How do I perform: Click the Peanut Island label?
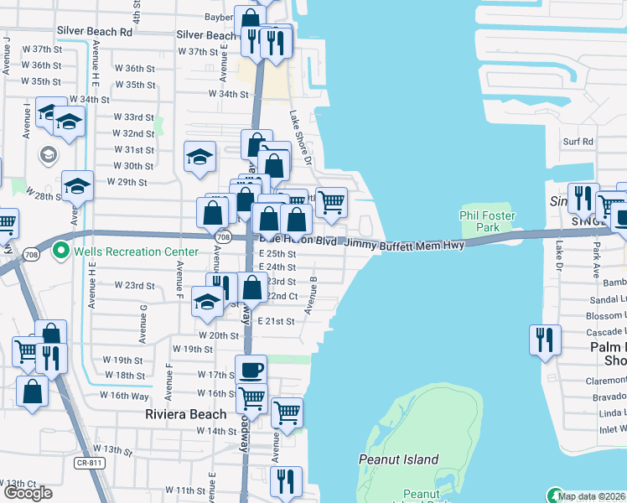[398, 459]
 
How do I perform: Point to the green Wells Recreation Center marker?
[60, 251]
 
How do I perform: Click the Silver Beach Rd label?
[95, 31]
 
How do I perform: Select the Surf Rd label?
[578, 142]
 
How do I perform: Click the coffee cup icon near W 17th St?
[251, 369]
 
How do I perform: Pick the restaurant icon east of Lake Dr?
[545, 340]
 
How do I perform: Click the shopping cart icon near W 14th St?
[287, 412]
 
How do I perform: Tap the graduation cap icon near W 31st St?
[200, 156]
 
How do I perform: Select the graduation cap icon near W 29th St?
[77, 184]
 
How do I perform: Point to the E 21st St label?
[277, 322]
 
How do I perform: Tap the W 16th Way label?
[124, 396]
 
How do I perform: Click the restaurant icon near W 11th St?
[286, 481]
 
